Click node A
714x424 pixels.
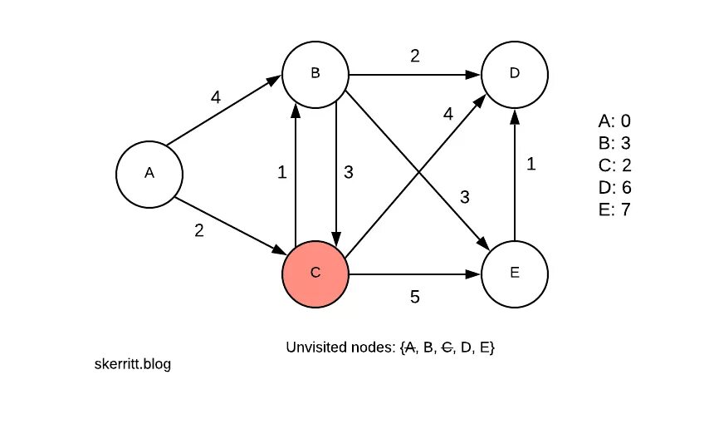click(149, 174)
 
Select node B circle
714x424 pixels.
click(315, 74)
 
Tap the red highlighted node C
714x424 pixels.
click(315, 274)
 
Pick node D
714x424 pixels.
click(515, 74)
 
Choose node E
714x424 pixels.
click(515, 274)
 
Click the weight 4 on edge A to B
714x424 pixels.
click(216, 97)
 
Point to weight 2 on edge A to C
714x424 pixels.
click(198, 232)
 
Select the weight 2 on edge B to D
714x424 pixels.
click(415, 56)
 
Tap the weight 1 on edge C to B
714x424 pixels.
click(282, 173)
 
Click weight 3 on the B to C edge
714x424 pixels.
click(349, 173)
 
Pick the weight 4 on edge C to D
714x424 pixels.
click(448, 114)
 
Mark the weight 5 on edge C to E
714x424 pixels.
click(415, 295)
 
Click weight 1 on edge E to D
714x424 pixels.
click(531, 165)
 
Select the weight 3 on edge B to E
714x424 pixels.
click(466, 197)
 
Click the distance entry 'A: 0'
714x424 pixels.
click(614, 121)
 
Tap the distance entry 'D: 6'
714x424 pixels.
click(614, 188)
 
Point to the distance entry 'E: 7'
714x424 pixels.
click(614, 210)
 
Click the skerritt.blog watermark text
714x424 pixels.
click(134, 364)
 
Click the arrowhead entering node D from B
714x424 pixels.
click(475, 74)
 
